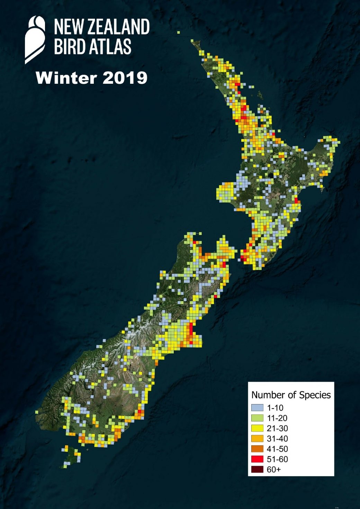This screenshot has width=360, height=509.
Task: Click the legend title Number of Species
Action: point(291,395)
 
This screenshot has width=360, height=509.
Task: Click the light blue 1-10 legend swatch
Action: point(257,408)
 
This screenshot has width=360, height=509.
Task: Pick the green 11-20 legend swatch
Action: point(257,418)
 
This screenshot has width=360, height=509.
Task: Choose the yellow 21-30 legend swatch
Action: point(257,428)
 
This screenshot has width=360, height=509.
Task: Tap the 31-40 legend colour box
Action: point(257,439)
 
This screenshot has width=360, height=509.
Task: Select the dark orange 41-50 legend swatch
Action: point(257,449)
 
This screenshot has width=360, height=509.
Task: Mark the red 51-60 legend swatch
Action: point(257,459)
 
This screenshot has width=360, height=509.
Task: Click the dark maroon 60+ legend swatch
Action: point(257,470)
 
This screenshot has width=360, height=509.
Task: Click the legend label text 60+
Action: point(274,470)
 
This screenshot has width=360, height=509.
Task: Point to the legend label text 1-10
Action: point(275,408)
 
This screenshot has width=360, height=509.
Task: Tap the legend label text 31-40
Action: point(277,439)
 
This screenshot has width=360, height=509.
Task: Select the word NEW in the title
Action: point(67,27)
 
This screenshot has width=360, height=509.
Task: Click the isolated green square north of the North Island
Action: point(179,32)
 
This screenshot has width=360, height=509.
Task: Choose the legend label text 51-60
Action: point(277,459)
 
